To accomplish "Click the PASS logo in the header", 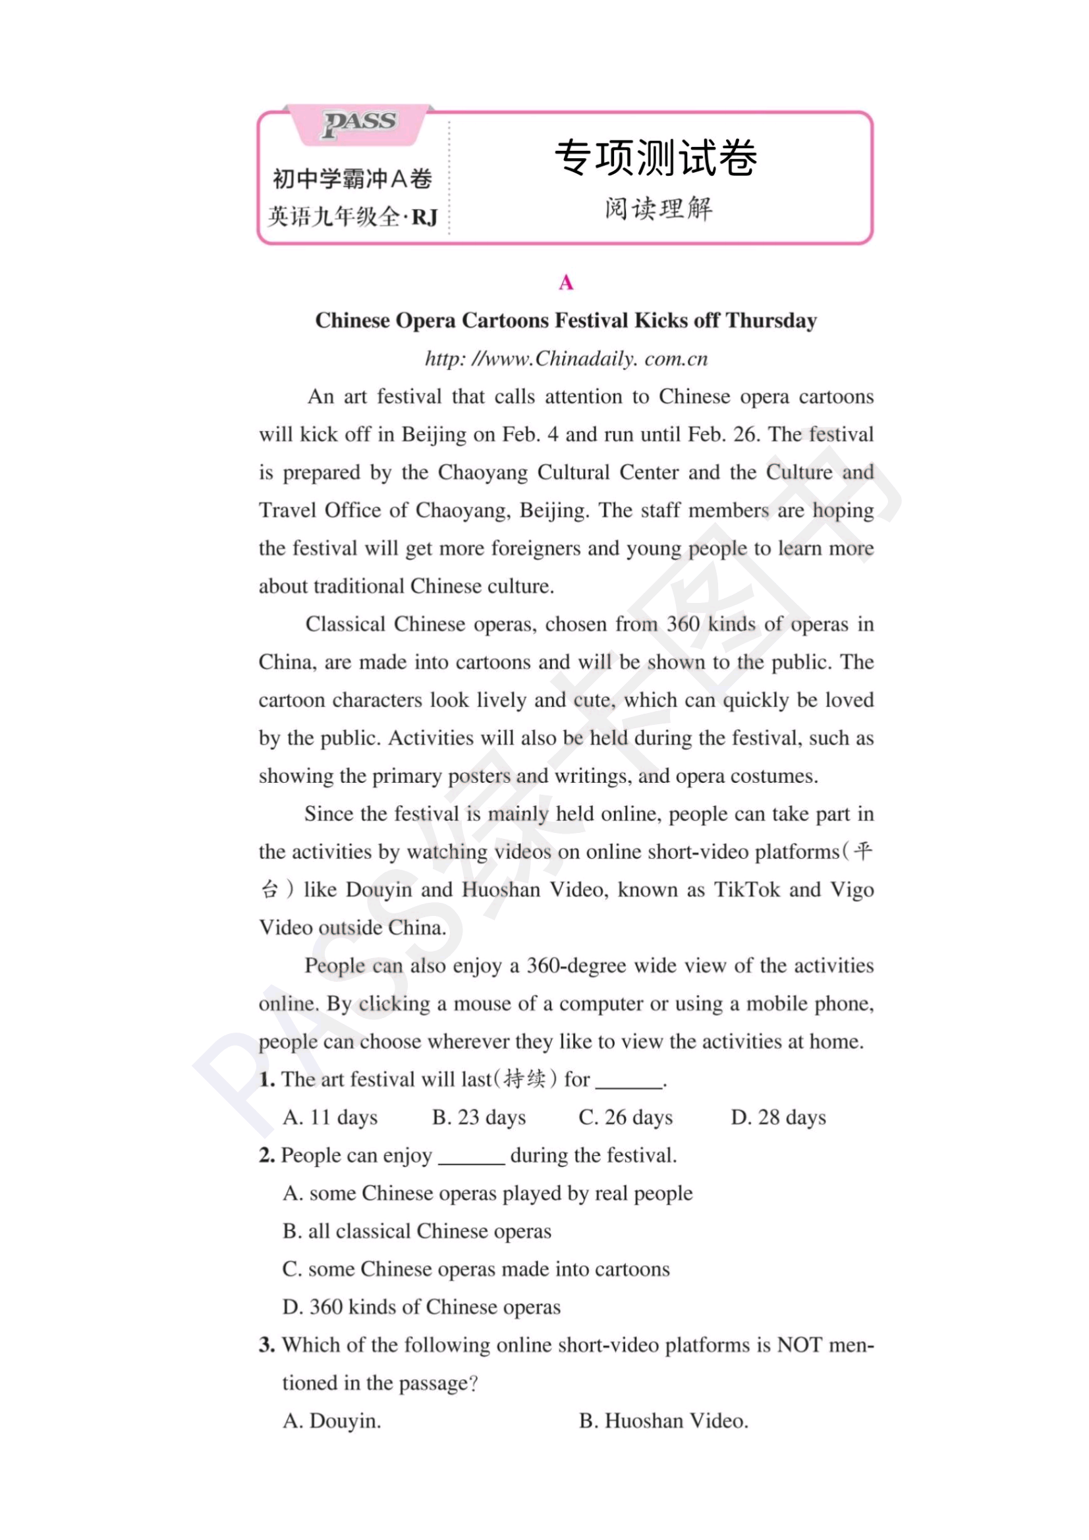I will pyautogui.click(x=360, y=123).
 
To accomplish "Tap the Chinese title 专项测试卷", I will pyautogui.click(x=655, y=158).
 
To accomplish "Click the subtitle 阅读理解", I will pyautogui.click(x=658, y=209).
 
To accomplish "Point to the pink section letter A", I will pyautogui.click(x=566, y=283).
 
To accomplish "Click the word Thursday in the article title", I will pyautogui.click(x=771, y=321).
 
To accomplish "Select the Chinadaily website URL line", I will pyautogui.click(x=566, y=359).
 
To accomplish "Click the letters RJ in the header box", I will pyautogui.click(x=424, y=217).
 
